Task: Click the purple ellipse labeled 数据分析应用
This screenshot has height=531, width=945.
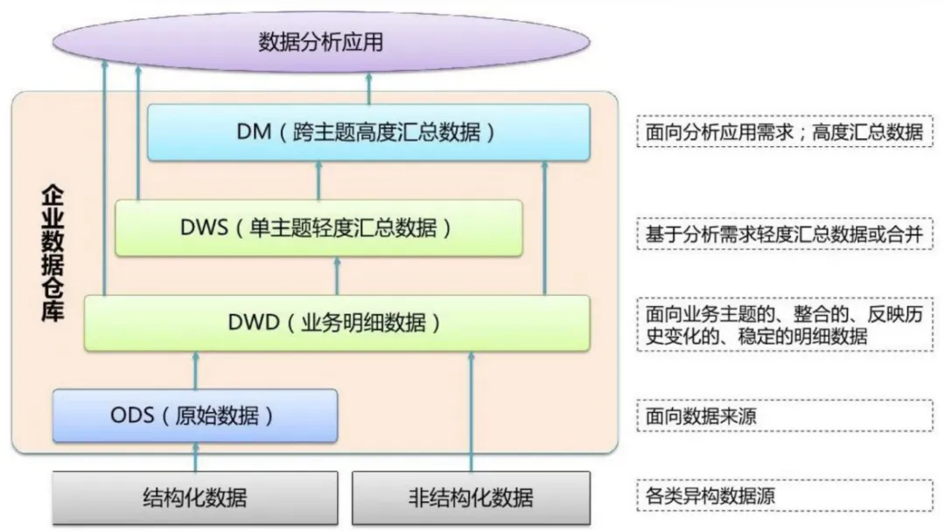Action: coord(321,42)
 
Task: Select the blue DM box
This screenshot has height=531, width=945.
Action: coord(369,132)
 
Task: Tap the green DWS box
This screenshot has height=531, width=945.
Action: coord(318,227)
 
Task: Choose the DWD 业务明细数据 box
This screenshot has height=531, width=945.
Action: coord(337,323)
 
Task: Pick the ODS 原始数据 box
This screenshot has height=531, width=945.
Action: coord(195,416)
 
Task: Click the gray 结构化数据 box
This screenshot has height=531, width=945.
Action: coord(195,498)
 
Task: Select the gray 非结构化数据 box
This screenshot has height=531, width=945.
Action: coord(472,498)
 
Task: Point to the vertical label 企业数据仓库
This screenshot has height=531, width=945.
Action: coord(52,253)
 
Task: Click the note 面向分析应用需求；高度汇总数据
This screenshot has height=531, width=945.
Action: coord(785,132)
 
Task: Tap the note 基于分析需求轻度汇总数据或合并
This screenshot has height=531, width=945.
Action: coord(785,234)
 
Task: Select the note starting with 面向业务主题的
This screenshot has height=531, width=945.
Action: coord(785,325)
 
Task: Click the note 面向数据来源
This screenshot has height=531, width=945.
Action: coord(785,416)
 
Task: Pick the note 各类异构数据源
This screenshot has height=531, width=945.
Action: coord(785,495)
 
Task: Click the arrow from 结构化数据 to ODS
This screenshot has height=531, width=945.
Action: coord(195,457)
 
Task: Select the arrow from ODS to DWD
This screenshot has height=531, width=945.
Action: coord(195,370)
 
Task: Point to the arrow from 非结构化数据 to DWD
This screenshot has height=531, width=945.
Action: coord(472,412)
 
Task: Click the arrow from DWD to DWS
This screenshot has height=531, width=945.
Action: coord(337,276)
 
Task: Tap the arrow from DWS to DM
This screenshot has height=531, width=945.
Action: coord(318,180)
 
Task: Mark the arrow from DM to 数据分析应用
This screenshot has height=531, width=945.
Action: coord(369,88)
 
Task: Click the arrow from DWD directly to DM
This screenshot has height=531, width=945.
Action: coord(545,227)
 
